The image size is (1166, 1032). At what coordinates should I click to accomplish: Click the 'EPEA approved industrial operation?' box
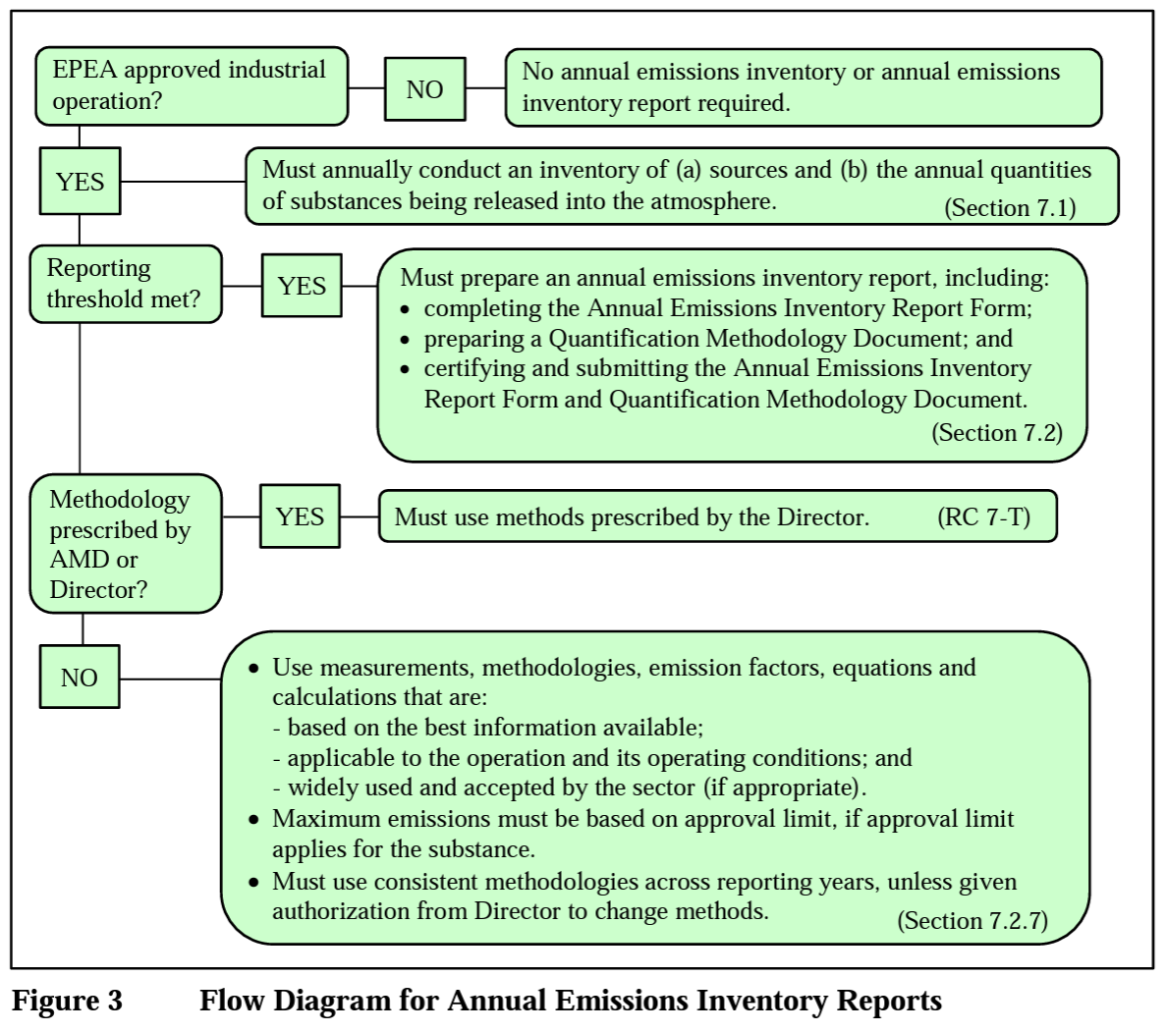(x=192, y=86)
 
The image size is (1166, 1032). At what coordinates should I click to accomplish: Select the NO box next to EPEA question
(x=424, y=89)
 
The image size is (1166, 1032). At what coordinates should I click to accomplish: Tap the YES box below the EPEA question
(x=80, y=182)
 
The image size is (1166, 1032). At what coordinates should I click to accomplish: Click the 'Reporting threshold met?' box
(x=126, y=284)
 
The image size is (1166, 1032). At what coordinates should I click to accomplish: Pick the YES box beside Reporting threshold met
(x=301, y=286)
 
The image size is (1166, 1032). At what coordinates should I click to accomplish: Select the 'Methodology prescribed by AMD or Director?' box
(x=125, y=544)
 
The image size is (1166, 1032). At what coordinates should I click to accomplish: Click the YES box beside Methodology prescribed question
(x=300, y=516)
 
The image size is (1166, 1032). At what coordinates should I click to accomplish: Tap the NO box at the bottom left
(x=80, y=678)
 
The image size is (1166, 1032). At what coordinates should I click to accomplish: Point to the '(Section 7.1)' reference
(x=1010, y=208)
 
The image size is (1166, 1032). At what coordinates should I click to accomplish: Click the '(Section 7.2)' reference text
(x=996, y=433)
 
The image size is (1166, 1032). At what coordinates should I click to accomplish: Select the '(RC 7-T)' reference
(x=983, y=516)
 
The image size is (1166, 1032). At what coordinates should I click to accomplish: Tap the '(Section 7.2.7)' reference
(x=972, y=920)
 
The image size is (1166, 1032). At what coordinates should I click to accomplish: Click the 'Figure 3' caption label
(x=67, y=1001)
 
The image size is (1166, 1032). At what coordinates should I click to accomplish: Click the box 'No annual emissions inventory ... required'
(x=803, y=87)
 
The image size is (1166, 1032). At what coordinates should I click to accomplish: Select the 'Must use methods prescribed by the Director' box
(x=717, y=516)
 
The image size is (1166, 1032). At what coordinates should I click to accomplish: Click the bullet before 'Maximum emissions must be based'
(x=254, y=819)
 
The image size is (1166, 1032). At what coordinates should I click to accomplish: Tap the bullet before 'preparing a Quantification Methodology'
(x=407, y=340)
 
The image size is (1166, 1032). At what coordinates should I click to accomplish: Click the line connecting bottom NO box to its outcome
(x=170, y=679)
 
